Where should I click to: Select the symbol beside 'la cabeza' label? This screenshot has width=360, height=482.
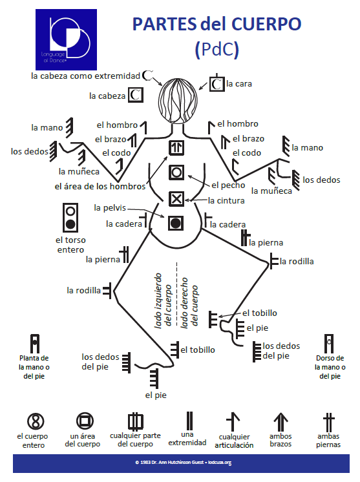pos(135,95)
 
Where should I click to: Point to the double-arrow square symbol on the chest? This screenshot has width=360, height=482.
pos(176,147)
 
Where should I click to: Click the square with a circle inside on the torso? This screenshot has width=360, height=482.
pos(176,173)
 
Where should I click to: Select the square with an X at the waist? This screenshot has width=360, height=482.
pos(176,198)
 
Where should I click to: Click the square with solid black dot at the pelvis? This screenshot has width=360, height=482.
pos(176,223)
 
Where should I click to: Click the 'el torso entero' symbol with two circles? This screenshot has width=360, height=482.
pos(70,218)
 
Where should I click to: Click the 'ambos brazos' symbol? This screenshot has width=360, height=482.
pos(280,422)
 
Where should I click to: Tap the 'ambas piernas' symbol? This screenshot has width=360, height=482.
pos(328,422)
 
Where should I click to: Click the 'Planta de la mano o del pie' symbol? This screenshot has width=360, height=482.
pos(35,343)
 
